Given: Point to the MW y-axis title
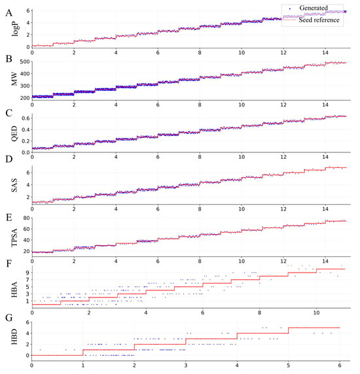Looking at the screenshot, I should click(7, 80).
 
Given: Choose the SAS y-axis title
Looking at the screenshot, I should click(7, 185).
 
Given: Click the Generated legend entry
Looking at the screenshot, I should click(319, 8).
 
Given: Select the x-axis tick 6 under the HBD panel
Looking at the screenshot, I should click(339, 365).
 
